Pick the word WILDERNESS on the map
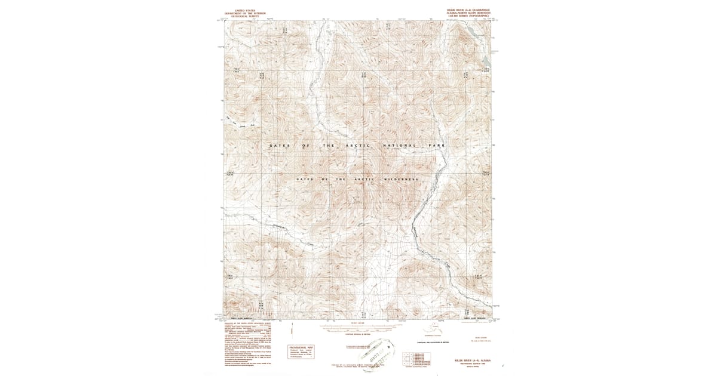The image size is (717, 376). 401,179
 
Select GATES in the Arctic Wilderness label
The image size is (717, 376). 305,179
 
